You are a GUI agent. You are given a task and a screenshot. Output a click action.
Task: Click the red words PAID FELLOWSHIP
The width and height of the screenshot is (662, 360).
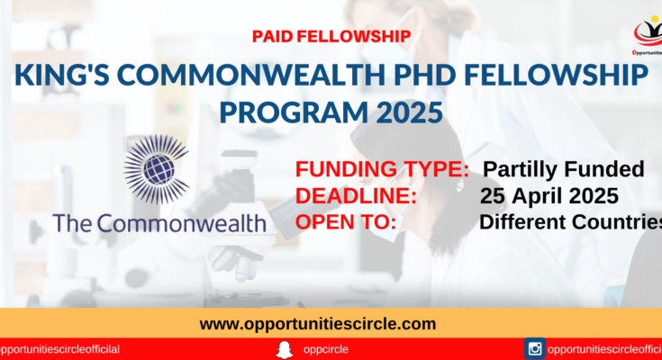(x=331, y=36)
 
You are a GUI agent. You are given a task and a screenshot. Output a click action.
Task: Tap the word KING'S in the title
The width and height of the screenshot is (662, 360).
(x=62, y=75)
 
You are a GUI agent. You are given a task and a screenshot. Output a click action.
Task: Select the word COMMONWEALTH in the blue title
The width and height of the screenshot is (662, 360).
(x=251, y=75)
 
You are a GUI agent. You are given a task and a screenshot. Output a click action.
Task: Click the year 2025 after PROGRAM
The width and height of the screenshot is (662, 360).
(x=409, y=112)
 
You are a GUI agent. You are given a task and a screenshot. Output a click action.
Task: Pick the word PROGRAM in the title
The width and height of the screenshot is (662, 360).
(x=294, y=112)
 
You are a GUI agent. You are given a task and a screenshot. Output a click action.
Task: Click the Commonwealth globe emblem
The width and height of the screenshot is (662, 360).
(x=157, y=169)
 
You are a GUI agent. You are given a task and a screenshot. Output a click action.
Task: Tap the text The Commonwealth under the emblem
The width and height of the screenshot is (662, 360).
(x=159, y=223)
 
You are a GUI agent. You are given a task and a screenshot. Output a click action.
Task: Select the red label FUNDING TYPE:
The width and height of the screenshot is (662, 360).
(x=382, y=169)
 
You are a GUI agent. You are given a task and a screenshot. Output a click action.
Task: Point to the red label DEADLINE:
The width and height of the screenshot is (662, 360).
(x=356, y=196)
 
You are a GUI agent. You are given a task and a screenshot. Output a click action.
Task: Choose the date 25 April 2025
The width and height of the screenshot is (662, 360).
(x=549, y=196)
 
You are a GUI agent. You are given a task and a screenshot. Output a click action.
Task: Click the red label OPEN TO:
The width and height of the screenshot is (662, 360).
(x=346, y=222)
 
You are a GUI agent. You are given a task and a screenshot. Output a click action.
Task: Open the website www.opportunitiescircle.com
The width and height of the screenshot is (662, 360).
(x=318, y=324)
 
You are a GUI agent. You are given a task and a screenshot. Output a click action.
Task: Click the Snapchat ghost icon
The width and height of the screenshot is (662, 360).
(x=284, y=350)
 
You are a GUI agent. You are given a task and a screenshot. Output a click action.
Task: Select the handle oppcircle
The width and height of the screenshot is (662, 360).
(x=325, y=350)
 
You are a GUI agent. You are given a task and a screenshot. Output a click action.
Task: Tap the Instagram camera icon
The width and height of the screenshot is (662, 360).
(x=535, y=348)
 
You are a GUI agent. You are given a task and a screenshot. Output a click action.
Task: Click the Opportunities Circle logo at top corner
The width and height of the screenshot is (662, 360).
(x=648, y=35)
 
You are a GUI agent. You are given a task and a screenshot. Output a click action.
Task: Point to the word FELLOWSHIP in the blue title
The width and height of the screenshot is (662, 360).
(x=556, y=75)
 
